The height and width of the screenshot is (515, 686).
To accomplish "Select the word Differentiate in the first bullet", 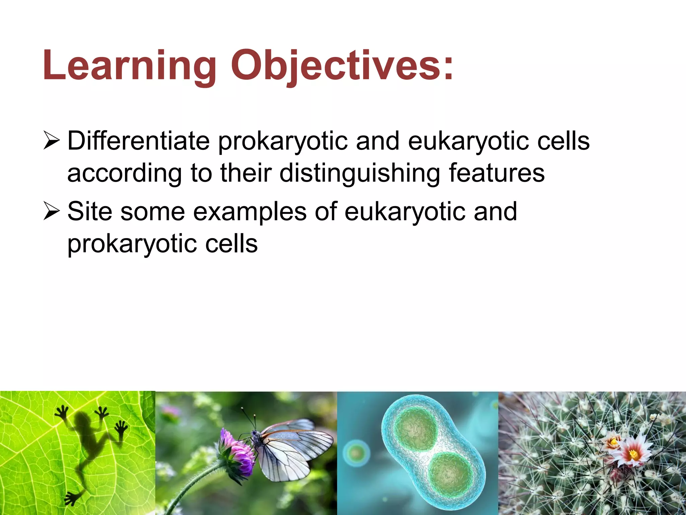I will pos(138,141).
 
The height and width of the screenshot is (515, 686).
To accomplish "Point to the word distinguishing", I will pos(359,173).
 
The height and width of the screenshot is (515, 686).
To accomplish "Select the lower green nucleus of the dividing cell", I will pos(451,474).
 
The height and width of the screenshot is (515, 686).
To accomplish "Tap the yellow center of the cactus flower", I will pos(633,454).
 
